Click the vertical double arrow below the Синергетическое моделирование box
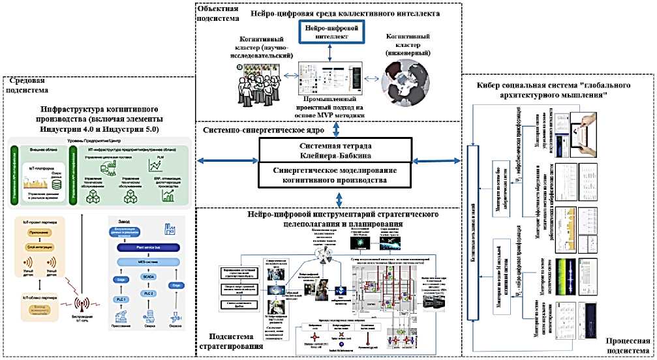(339, 197)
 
